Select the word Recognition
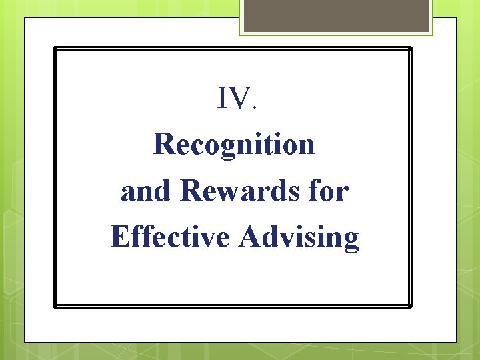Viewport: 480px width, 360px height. point(234,145)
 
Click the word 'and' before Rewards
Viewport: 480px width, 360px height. point(146,191)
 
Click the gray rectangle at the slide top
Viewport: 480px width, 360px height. point(336,15)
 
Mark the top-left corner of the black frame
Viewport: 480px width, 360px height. point(55,49)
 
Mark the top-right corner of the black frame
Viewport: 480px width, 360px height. point(411,49)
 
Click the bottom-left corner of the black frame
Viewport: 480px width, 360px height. point(55,306)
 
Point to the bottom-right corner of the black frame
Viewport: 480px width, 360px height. point(411,306)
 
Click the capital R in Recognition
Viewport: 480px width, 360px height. point(164,144)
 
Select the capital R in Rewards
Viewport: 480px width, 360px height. point(191,191)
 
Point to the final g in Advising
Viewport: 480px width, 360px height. point(351,241)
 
